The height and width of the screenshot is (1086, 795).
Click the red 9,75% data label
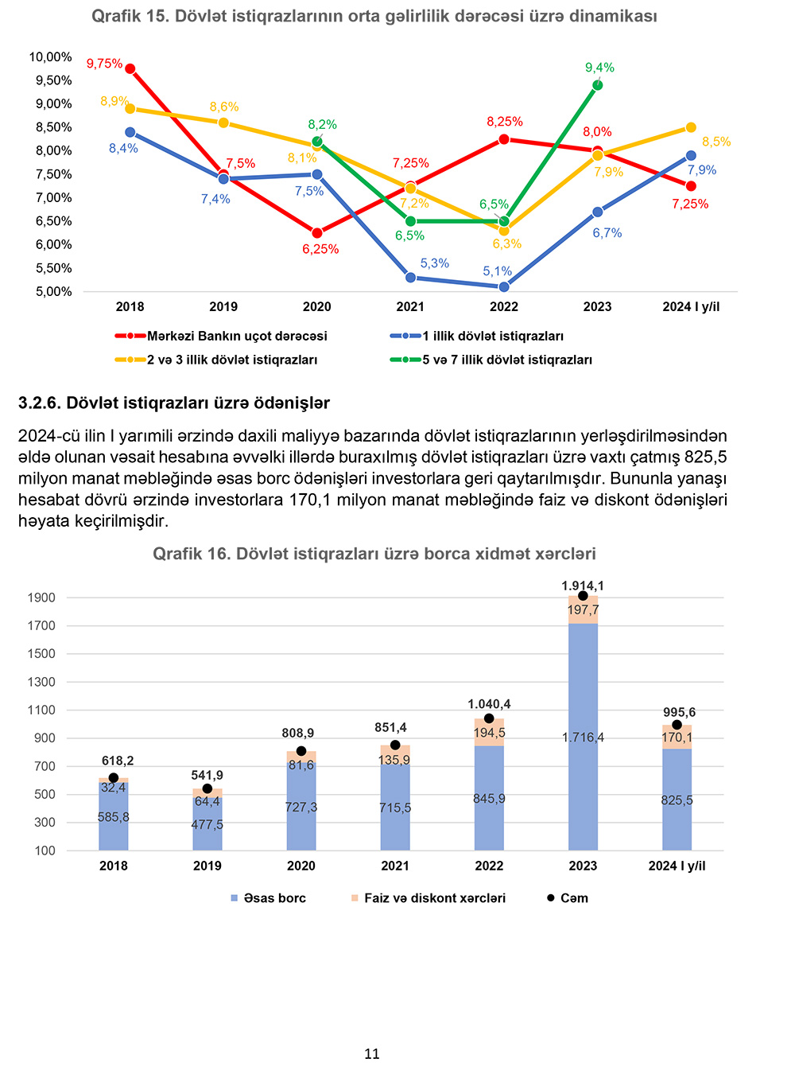pos(104,64)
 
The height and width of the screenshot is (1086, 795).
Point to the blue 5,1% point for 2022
pos(504,286)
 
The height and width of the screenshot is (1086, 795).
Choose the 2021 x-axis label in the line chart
pos(410,307)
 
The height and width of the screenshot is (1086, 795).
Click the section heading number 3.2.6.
pos(39,403)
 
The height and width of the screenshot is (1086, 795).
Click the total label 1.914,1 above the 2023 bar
pos(583,586)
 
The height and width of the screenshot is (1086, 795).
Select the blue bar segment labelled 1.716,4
pos(583,738)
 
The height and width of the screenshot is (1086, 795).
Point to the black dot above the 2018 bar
pos(114,778)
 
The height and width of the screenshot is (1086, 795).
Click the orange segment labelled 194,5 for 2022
pos(489,733)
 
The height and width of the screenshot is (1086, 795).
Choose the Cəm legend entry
pos(573,898)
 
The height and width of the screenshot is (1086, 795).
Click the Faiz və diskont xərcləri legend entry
pos(434,898)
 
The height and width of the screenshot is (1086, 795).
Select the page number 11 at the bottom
pos(372,1054)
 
